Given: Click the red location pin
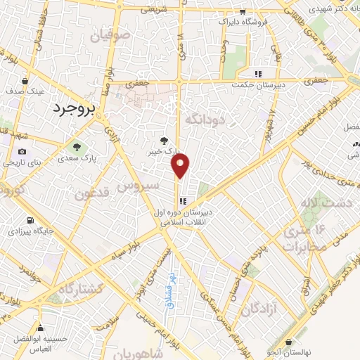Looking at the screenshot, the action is pos(181,166).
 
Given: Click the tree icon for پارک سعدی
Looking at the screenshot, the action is pos(77,147).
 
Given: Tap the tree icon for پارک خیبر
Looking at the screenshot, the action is pos(165,140).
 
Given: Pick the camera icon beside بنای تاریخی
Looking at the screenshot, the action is pos(22,152).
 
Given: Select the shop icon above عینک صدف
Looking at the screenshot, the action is pos(25,81).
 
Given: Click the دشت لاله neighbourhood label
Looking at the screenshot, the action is pos(316,204).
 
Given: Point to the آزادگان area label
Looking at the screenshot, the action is pos(259,309).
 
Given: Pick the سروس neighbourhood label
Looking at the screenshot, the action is pos(134,188).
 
